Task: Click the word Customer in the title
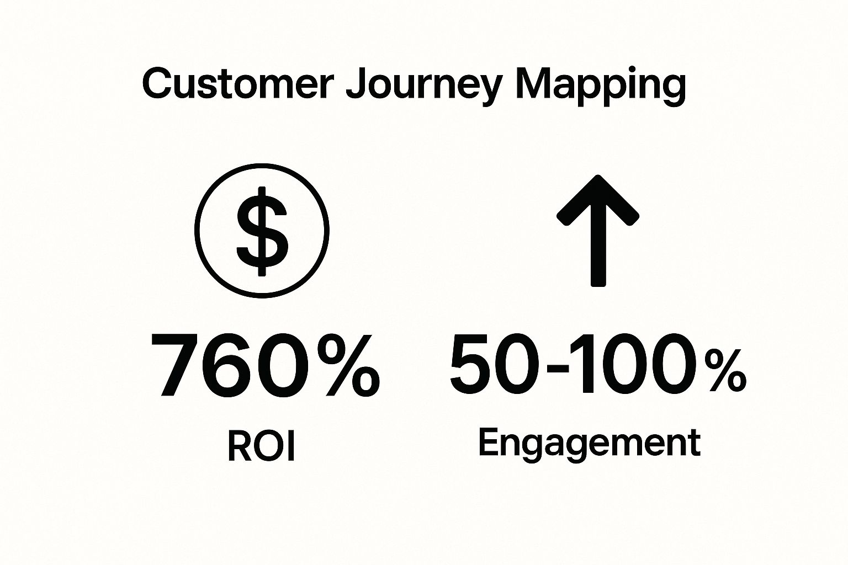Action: pyautogui.click(x=238, y=84)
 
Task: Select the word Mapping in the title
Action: pyautogui.click(x=601, y=88)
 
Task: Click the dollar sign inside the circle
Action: pyautogui.click(x=262, y=231)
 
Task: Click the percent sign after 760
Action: pyautogui.click(x=348, y=365)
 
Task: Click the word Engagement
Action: pyautogui.click(x=590, y=445)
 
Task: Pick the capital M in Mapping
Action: pyautogui.click(x=534, y=84)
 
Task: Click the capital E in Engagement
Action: pyautogui.click(x=490, y=441)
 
